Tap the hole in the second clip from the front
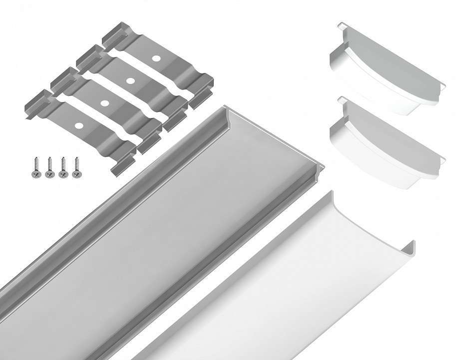pos(105,103)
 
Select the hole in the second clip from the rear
pos(130,80)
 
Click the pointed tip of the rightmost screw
pos(76,159)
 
